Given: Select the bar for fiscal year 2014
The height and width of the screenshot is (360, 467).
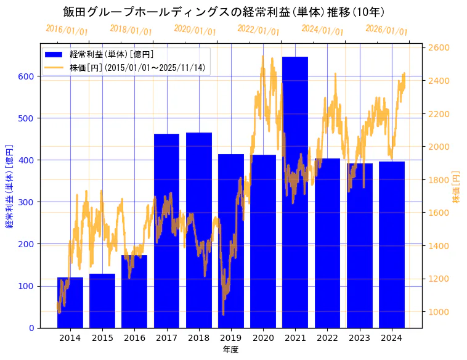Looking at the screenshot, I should tap(70, 303).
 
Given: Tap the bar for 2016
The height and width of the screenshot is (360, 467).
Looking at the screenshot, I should tap(134, 292).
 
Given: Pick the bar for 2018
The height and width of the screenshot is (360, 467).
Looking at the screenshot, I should tap(199, 230).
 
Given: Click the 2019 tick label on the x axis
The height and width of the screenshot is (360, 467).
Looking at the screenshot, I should tap(231, 338).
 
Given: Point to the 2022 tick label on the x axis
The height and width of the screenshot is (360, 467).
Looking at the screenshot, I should tap(327, 338).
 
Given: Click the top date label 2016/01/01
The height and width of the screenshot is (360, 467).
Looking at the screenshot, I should tap(67, 30).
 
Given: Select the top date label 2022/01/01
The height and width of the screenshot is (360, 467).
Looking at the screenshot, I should tap(259, 30).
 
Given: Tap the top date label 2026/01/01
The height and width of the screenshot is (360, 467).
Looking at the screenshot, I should tap(387, 30).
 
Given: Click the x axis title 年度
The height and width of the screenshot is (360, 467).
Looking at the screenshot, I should tap(231, 350).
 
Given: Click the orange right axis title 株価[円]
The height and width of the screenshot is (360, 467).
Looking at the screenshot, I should tap(457, 187).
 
